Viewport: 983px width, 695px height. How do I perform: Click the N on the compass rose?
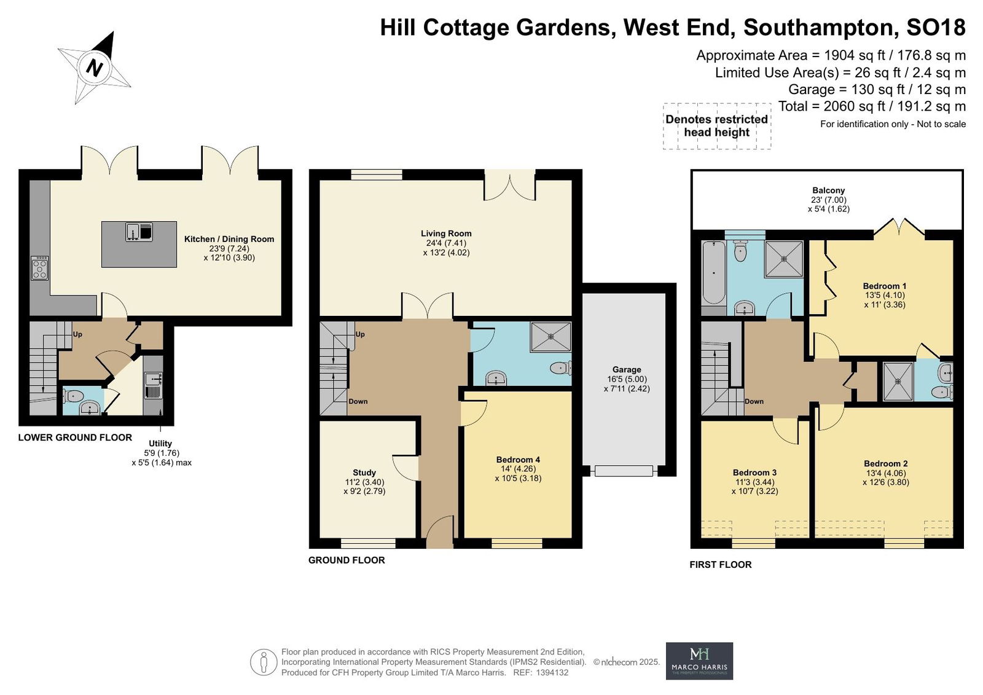tap(95, 68)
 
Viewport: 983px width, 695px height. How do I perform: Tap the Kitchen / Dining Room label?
tap(229, 239)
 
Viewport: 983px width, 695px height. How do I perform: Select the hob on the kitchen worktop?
tap(40, 268)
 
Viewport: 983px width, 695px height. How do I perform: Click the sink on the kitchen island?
tap(139, 232)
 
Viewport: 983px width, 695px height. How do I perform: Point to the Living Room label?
tap(446, 234)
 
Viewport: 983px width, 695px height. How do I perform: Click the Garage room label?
tap(627, 370)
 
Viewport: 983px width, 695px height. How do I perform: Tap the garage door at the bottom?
tap(624, 471)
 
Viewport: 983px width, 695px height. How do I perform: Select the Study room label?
tap(364, 473)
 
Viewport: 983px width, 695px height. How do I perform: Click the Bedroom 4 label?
tap(519, 460)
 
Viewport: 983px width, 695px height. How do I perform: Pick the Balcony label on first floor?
tap(829, 190)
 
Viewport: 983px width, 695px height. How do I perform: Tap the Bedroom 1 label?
tap(885, 286)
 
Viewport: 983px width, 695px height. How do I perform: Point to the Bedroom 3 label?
tap(755, 473)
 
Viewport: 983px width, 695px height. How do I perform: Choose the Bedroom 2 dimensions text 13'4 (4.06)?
tap(885, 473)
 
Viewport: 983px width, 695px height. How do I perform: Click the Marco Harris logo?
tap(700, 661)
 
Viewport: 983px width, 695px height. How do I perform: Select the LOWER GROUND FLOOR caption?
tap(75, 438)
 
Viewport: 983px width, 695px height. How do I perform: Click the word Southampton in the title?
tap(818, 27)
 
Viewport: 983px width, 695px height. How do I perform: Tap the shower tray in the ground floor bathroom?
tap(550, 337)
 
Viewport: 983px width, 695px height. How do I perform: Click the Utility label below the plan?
tap(160, 444)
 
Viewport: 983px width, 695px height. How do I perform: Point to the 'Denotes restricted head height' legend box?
tap(716, 126)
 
